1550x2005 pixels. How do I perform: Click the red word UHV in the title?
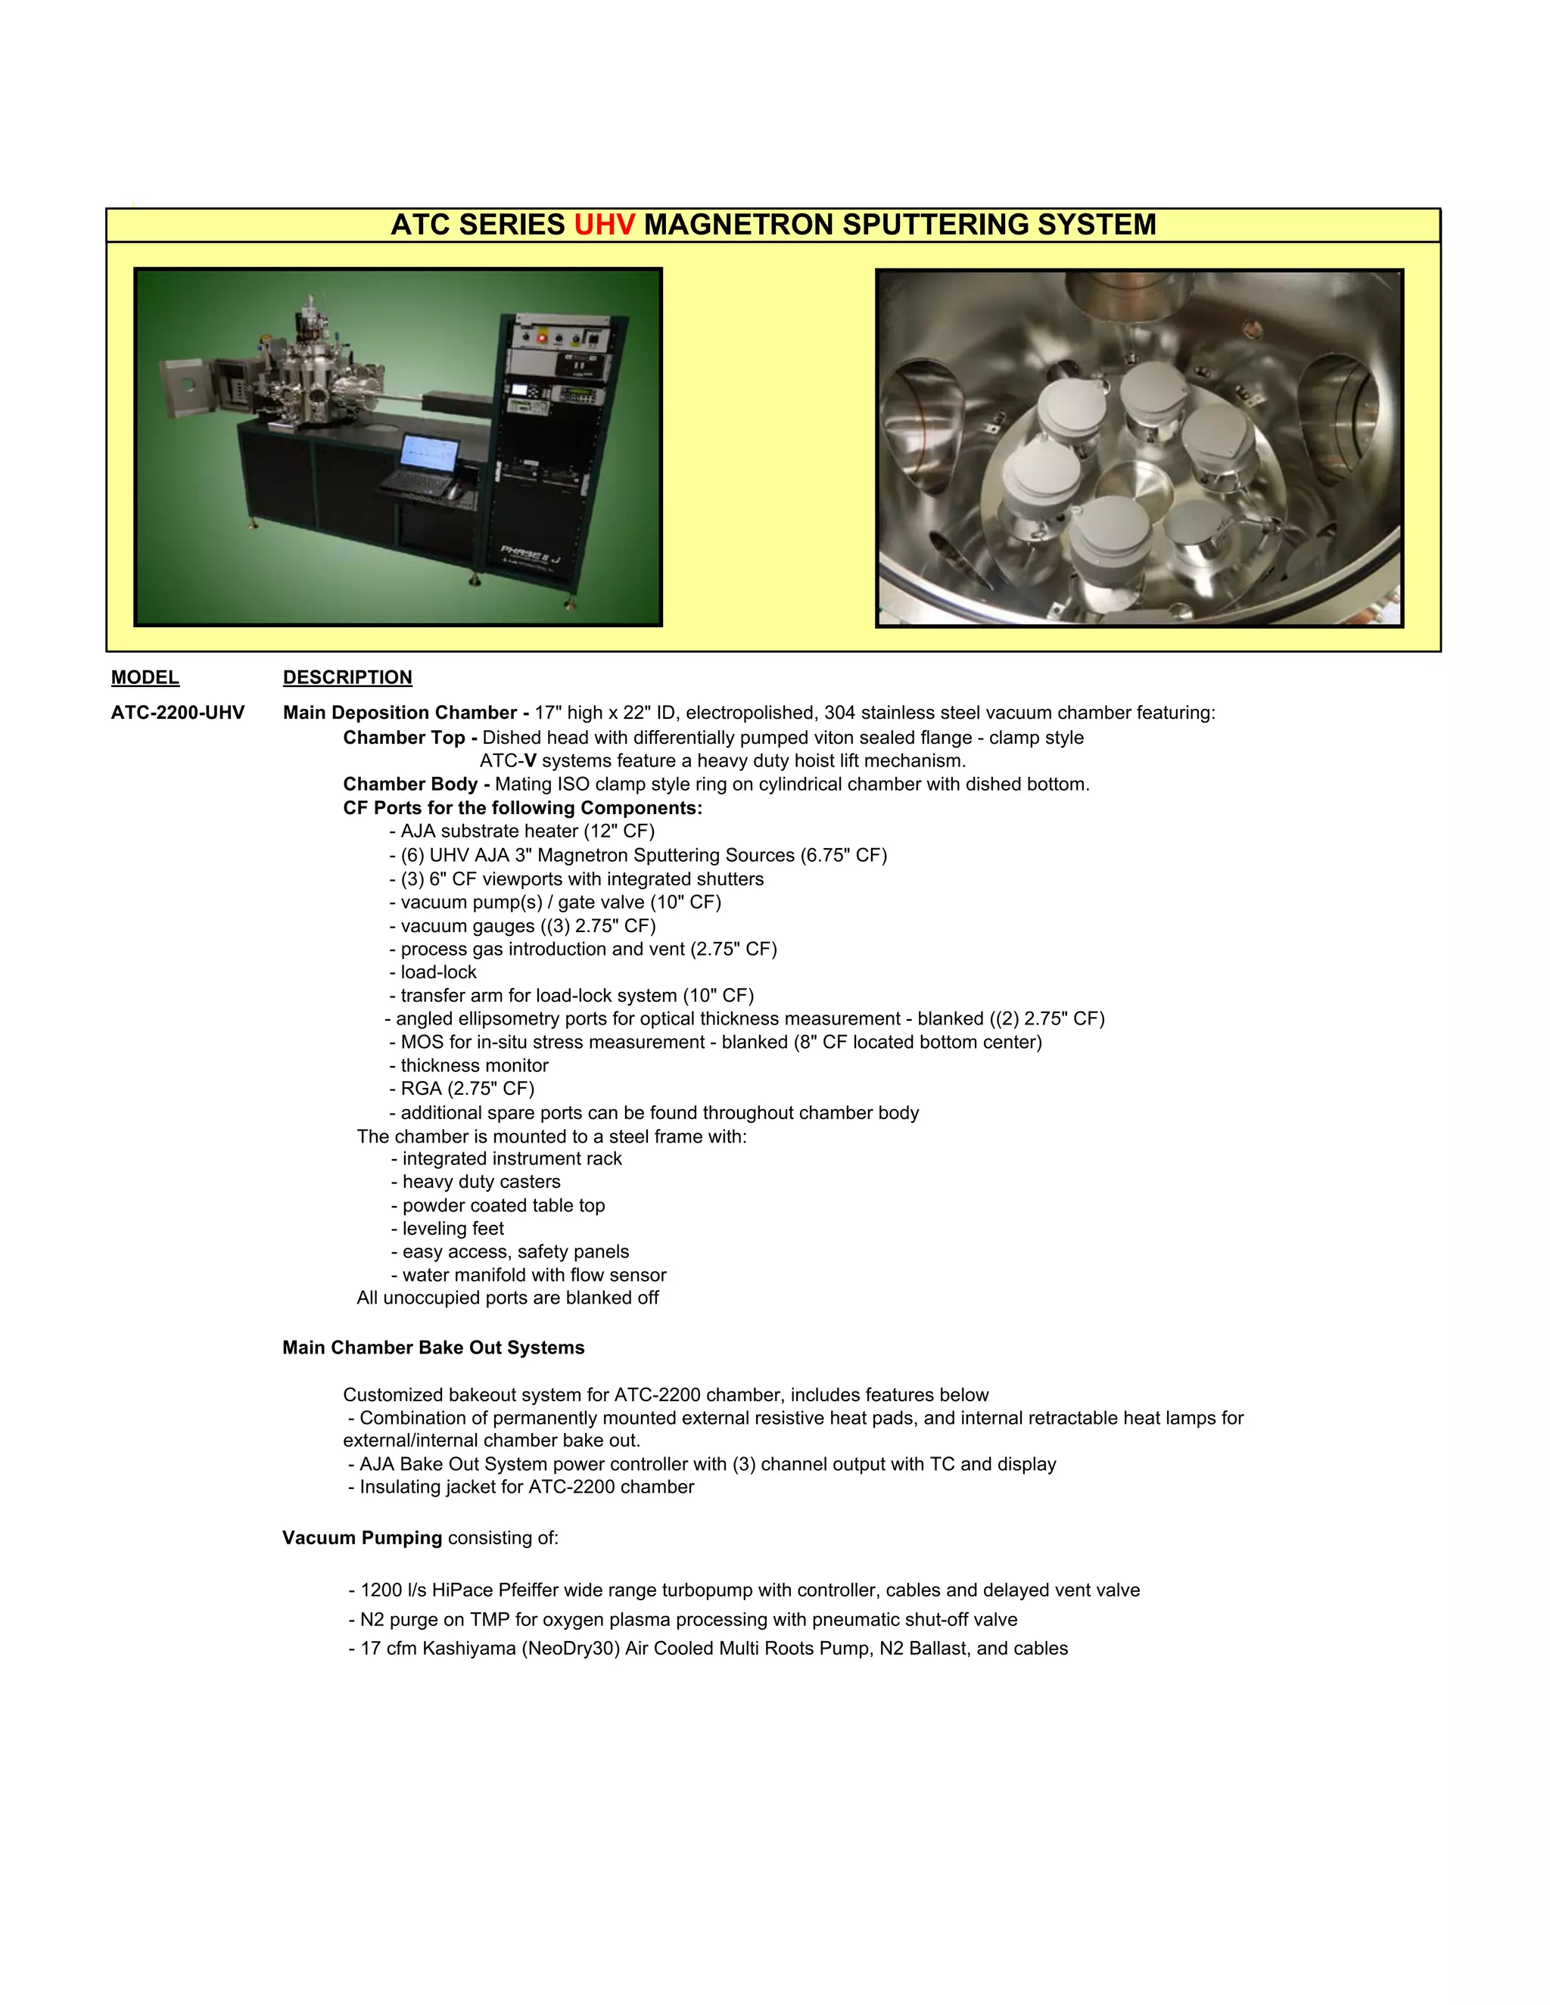coord(604,225)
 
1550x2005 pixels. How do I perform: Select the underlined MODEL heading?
coord(145,677)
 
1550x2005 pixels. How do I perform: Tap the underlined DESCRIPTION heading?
coord(347,677)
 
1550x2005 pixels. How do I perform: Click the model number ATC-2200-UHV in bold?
coord(178,713)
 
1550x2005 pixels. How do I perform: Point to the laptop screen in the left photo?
coord(430,452)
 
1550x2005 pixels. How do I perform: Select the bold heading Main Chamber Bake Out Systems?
coord(434,1348)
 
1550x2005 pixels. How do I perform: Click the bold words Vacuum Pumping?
coord(362,1537)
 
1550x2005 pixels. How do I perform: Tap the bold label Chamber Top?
coord(404,738)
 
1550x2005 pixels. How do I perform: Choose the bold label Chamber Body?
coord(409,785)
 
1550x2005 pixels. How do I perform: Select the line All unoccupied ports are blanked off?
coord(508,1298)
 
